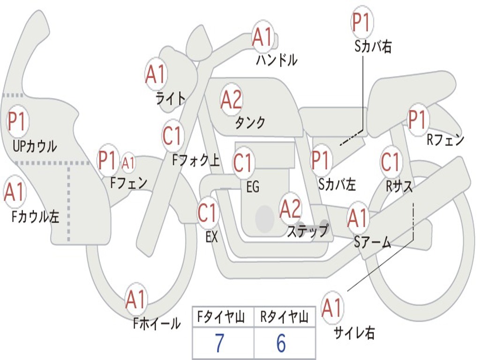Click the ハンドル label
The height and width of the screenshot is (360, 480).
(x=277, y=60)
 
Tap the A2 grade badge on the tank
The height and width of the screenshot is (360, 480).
(x=231, y=99)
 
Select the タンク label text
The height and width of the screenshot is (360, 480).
(x=250, y=123)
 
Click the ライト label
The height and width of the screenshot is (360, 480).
(x=171, y=98)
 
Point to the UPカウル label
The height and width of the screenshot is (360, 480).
(x=35, y=146)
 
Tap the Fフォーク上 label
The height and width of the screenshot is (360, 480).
(x=196, y=161)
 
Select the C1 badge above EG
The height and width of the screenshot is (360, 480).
(x=243, y=163)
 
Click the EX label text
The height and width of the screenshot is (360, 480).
(x=212, y=237)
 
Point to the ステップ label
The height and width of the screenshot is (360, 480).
(x=307, y=231)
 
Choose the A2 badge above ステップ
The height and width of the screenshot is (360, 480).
(x=290, y=209)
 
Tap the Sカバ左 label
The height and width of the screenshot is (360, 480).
(x=337, y=184)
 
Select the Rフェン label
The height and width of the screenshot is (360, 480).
(x=445, y=140)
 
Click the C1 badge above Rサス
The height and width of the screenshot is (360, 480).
(x=390, y=162)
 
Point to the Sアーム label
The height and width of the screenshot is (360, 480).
(x=373, y=242)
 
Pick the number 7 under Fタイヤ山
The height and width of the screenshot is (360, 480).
(x=219, y=343)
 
